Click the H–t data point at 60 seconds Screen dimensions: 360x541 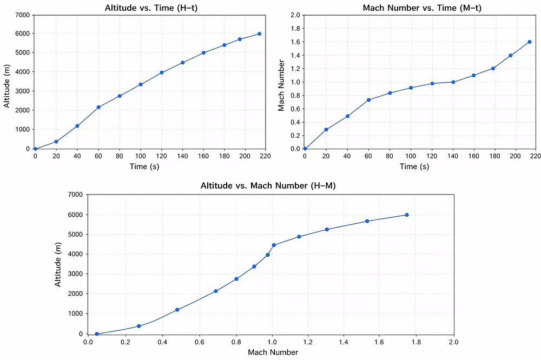pos(98,107)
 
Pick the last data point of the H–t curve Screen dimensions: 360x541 pos(259,34)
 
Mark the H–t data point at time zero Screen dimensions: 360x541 pos(35,149)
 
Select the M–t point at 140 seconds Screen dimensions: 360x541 pos(453,82)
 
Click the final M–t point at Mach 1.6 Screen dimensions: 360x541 pos(530,42)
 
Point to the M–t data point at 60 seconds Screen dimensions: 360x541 pos(368,100)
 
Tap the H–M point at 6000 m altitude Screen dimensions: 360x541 pos(406,215)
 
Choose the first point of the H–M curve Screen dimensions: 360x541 pos(97,334)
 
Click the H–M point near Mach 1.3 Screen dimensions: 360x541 pos(327,229)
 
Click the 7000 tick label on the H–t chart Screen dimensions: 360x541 pos(22,15)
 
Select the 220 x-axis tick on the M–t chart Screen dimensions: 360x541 pos(535,156)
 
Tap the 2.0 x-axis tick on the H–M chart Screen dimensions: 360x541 pos(453,342)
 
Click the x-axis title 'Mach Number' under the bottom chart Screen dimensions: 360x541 pos(273,352)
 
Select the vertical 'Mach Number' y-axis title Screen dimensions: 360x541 pos(281,82)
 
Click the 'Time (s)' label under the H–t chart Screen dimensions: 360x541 pos(144,166)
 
